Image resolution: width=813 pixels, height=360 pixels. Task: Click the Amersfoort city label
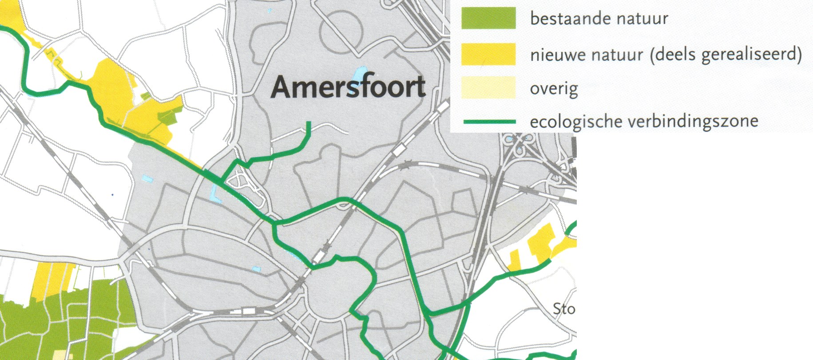[348, 87]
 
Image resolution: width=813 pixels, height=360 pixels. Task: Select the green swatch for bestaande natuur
[488, 19]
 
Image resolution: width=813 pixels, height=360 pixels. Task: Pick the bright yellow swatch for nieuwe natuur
[488, 54]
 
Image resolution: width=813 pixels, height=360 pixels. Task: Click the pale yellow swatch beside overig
[488, 87]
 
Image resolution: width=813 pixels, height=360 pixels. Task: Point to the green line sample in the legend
[488, 121]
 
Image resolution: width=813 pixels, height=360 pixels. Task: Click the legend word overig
[554, 89]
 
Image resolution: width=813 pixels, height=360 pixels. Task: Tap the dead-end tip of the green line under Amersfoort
[309, 123]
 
